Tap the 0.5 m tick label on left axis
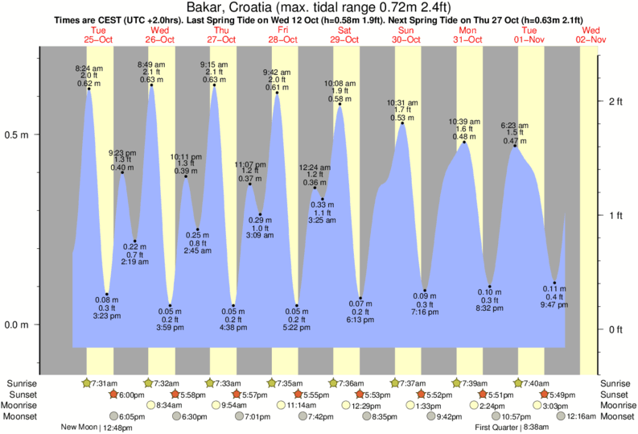pos(18,134)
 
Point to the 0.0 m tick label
pos(18,324)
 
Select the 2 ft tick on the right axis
pos(616,101)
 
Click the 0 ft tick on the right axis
pos(616,329)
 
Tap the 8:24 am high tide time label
pos(88,69)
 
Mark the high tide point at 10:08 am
pos(340,104)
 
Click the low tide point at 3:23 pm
pos(107,295)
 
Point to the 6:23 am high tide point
pos(515,146)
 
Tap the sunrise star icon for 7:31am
pos(87,382)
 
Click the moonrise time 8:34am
pos(167,405)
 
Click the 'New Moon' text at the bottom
pos(79,428)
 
